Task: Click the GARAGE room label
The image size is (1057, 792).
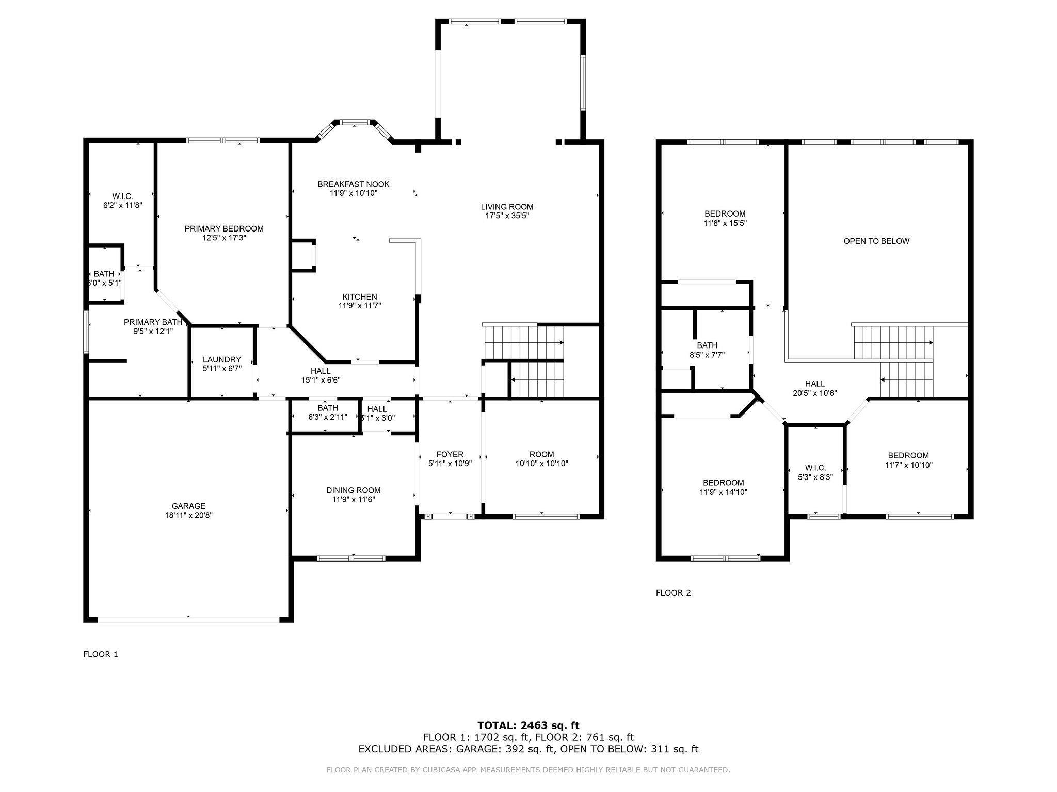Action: click(188, 506)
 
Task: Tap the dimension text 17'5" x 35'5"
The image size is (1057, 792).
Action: click(507, 216)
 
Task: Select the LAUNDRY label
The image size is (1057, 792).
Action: click(222, 360)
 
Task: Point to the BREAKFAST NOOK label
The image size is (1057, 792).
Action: click(354, 184)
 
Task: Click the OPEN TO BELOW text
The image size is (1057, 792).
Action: click(876, 241)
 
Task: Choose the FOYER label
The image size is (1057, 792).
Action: click(450, 455)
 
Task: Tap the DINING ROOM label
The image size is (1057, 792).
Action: click(354, 490)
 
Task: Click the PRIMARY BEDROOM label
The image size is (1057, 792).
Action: click(224, 229)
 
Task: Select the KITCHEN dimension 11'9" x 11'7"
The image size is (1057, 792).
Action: click(360, 306)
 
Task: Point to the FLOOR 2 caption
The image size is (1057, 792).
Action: click(673, 593)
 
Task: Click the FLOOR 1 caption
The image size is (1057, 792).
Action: click(101, 654)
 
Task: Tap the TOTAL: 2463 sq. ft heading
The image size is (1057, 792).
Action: click(528, 725)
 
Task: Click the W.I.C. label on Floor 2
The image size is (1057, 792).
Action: click(815, 468)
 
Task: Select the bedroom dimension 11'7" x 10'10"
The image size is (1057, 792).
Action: click(908, 465)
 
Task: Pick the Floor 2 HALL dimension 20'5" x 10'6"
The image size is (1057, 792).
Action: click(815, 393)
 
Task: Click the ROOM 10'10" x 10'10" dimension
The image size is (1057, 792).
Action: click(542, 464)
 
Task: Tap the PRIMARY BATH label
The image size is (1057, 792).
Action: click(153, 322)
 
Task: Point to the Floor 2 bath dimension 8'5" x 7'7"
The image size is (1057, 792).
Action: click(707, 354)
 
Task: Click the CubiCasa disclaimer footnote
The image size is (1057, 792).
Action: click(528, 770)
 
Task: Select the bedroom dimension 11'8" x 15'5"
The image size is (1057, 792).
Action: click(725, 223)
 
